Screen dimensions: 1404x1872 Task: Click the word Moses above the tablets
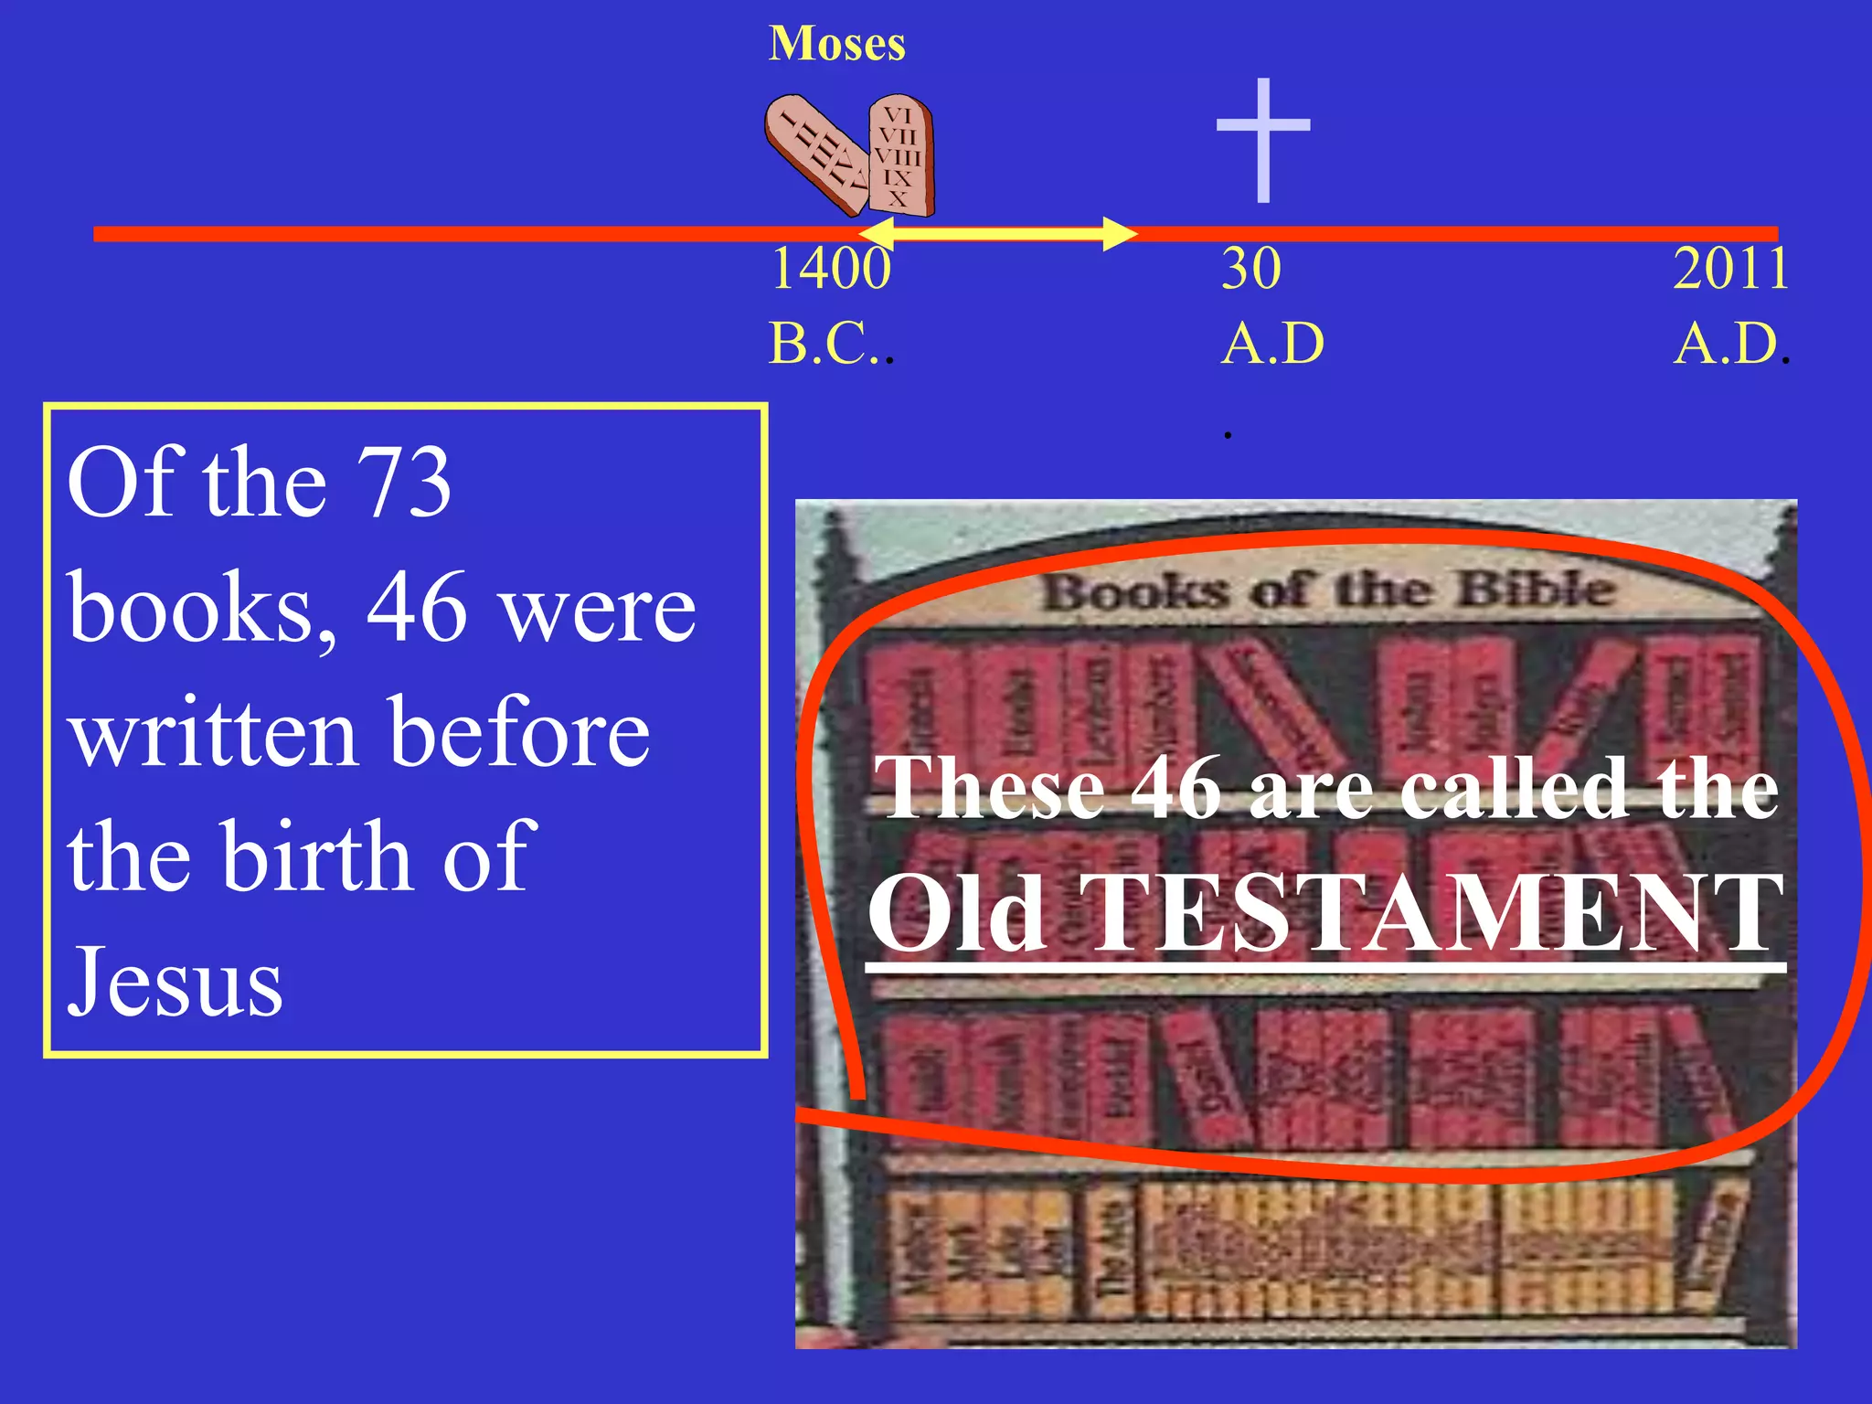coord(836,44)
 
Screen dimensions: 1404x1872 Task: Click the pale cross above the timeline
coord(1263,137)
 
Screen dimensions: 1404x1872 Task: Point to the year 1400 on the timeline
coord(830,269)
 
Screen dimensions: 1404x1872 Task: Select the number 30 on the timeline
coord(1251,269)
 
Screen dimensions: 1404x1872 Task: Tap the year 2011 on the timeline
coord(1730,269)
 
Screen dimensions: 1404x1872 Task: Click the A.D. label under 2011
coord(1727,344)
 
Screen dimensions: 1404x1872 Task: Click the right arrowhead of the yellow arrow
coord(1119,233)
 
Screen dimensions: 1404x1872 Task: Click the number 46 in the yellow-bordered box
coord(417,607)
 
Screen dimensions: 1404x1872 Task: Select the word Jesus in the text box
coord(175,982)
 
